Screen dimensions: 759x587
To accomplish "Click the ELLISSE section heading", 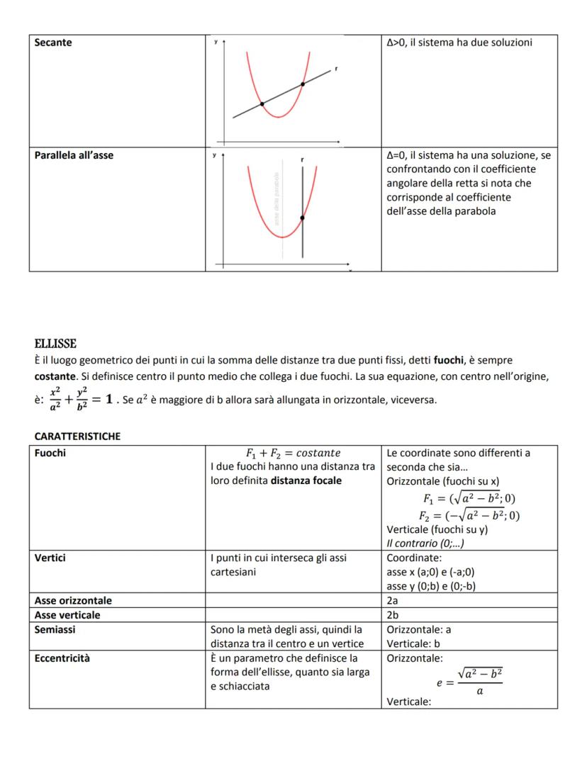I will pyautogui.click(x=55, y=344).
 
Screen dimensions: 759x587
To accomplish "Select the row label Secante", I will pyautogui.click(x=53, y=43).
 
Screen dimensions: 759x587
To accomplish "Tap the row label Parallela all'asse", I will pyautogui.click(x=74, y=155).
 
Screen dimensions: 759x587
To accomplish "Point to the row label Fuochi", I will pyautogui.click(x=50, y=453).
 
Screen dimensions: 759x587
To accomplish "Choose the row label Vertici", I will pyautogui.click(x=50, y=558).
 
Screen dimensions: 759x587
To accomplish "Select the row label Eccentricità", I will pyautogui.click(x=62, y=658).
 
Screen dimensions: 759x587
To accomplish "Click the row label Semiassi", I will pyautogui.click(x=55, y=629).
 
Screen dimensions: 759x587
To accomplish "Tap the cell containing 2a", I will pyautogui.click(x=393, y=600).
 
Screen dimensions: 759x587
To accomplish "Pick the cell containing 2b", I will pyautogui.click(x=393, y=614).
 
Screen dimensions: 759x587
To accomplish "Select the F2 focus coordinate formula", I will pyautogui.click(x=469, y=515).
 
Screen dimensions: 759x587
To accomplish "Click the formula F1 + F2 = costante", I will pyautogui.click(x=293, y=453).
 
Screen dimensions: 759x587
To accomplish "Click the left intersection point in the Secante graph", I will pyautogui.click(x=262, y=104).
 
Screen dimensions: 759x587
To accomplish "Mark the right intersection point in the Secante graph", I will pyautogui.click(x=303, y=84).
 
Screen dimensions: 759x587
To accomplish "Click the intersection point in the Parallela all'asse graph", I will pyautogui.click(x=302, y=218).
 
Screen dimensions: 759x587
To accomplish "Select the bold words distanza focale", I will pyautogui.click(x=306, y=480).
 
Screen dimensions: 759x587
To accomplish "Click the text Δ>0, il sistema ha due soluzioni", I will pyautogui.click(x=459, y=43).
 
